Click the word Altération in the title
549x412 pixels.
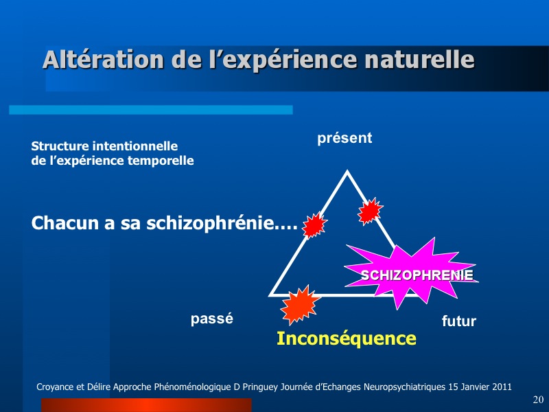(104, 60)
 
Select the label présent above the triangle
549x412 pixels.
(344, 139)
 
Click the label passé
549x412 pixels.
(212, 319)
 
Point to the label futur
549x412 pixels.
(459, 321)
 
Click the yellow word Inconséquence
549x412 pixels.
(347, 339)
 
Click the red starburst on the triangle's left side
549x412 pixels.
(314, 225)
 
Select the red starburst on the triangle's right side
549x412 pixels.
(370, 211)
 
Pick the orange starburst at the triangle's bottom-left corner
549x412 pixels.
(299, 304)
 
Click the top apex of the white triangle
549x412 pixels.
(347, 171)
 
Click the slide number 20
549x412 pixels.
(538, 400)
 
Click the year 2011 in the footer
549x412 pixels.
(502, 387)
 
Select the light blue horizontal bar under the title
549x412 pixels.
(151, 110)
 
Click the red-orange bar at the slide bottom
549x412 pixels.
(146, 405)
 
